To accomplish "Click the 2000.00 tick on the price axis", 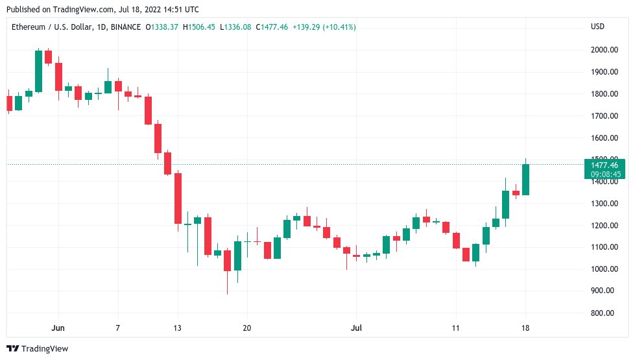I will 603,50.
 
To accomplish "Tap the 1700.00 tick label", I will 603,116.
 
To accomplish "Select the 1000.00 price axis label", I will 603,269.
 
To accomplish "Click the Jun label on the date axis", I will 58,328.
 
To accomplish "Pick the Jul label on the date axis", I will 356,328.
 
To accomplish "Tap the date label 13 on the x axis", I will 176,328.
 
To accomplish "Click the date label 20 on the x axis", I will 246,328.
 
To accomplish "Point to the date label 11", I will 456,328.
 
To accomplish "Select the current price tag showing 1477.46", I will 605,165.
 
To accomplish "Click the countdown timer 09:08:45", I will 605,174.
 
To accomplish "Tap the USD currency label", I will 597,27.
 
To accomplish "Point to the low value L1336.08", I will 237,27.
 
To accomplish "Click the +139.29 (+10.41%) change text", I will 325,27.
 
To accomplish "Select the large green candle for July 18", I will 525,180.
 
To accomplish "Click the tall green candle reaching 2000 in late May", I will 38,71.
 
